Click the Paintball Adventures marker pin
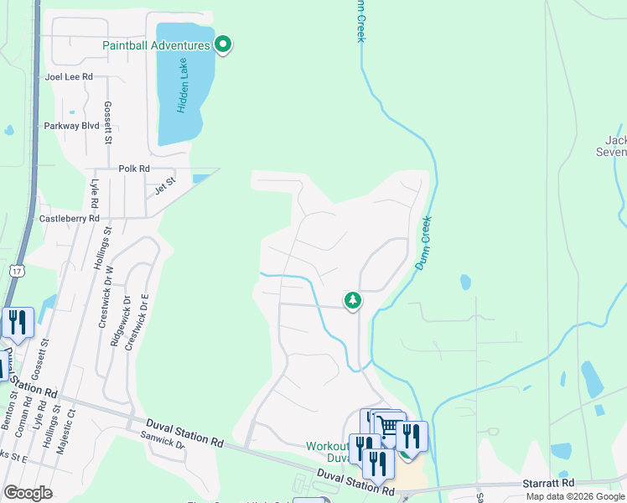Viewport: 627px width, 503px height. [223, 44]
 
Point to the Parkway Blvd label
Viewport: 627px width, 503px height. [71, 126]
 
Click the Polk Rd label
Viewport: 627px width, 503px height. [133, 169]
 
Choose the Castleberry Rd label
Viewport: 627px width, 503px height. [70, 218]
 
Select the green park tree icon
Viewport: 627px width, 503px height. [353, 300]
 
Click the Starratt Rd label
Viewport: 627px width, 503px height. [551, 483]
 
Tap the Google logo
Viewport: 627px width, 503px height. [28, 492]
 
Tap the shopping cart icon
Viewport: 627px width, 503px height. [388, 427]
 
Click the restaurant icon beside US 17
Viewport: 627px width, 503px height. [18, 322]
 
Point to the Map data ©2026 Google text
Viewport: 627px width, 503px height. [574, 496]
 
